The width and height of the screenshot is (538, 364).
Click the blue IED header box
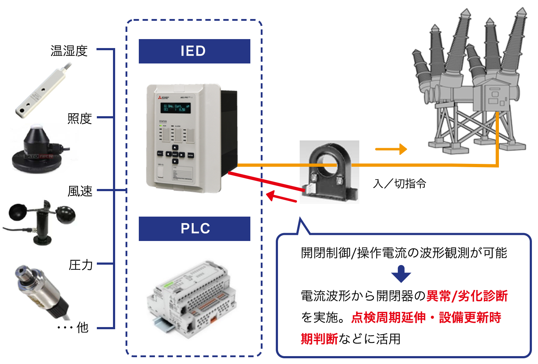[194, 51]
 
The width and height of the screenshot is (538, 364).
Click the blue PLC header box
[194, 229]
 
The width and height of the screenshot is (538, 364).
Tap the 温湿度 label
[69, 51]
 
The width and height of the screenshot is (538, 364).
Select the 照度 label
[79, 118]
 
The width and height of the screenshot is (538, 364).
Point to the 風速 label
[80, 191]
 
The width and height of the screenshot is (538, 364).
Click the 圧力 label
[80, 265]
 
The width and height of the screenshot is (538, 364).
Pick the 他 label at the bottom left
[82, 327]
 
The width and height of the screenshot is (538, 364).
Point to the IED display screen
[176, 108]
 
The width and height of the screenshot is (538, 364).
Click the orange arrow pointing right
[391, 149]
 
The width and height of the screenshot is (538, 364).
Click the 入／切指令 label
[399, 184]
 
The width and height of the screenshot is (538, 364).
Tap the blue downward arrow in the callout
[401, 274]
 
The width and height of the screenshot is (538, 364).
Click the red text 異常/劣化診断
[467, 296]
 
